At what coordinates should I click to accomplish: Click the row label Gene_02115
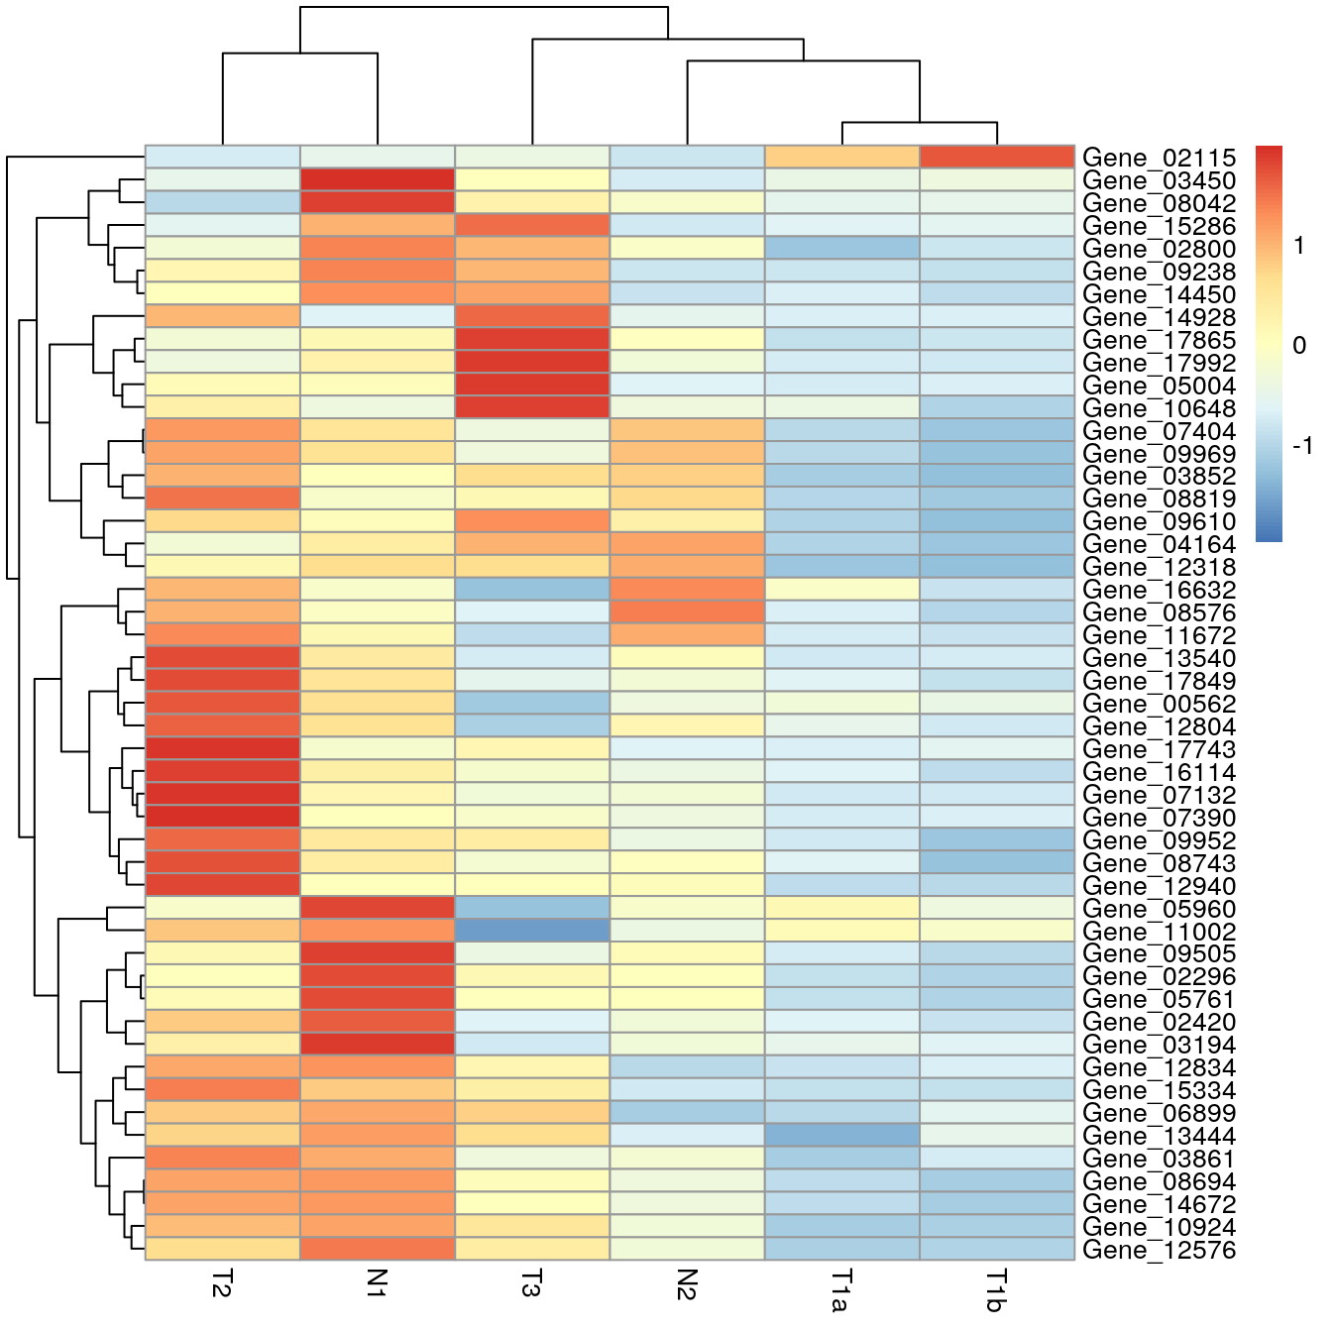point(1159,158)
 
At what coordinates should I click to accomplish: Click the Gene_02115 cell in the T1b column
point(997,158)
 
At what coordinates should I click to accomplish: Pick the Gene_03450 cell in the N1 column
point(378,180)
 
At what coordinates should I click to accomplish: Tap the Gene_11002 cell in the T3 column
point(532,932)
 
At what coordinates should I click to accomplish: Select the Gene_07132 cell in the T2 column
point(223,795)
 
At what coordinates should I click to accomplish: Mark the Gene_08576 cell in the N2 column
point(687,612)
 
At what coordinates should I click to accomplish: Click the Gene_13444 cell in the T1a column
point(842,1136)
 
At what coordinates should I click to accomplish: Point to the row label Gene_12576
point(1159,1250)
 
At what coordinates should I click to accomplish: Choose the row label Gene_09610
point(1159,521)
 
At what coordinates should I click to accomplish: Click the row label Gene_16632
point(1159,590)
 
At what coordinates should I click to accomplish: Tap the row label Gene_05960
point(1159,909)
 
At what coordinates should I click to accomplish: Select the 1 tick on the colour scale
point(1299,246)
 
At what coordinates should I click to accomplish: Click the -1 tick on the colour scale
point(1302,446)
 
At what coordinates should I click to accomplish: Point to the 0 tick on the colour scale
point(1299,346)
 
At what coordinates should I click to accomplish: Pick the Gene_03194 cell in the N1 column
point(378,1045)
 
